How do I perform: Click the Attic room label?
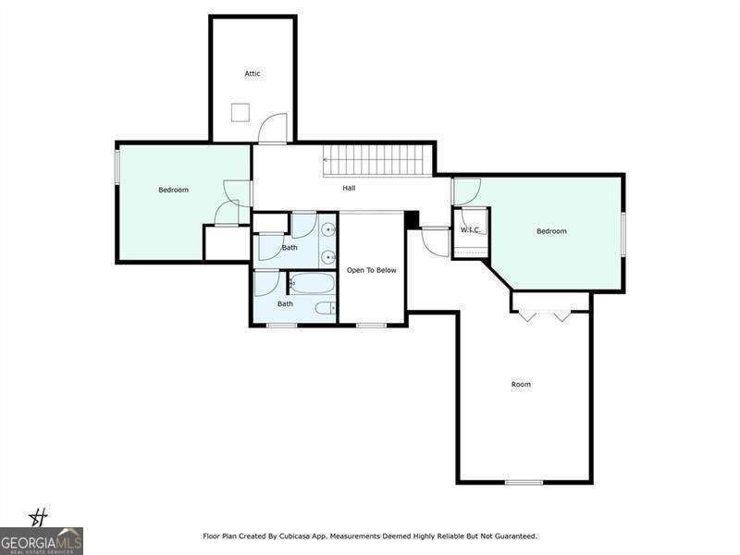tap(253, 74)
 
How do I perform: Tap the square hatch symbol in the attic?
tap(240, 113)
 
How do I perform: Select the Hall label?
tap(349, 188)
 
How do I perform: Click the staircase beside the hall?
tap(377, 160)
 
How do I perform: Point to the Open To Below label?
tap(372, 270)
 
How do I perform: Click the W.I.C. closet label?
tap(471, 229)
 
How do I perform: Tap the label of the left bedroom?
tap(173, 190)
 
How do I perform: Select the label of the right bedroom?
tap(551, 231)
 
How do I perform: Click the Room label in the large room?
tap(521, 385)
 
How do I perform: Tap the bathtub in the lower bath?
tap(312, 284)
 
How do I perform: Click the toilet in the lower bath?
tap(326, 309)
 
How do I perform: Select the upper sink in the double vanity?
tap(328, 229)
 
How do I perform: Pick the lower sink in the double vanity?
tap(328, 258)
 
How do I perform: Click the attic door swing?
tap(273, 128)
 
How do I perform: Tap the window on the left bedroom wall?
tap(117, 166)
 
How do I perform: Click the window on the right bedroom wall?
tap(623, 235)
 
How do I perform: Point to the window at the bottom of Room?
tap(524, 482)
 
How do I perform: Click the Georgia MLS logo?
tap(42, 540)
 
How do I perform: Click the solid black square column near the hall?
tap(412, 220)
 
